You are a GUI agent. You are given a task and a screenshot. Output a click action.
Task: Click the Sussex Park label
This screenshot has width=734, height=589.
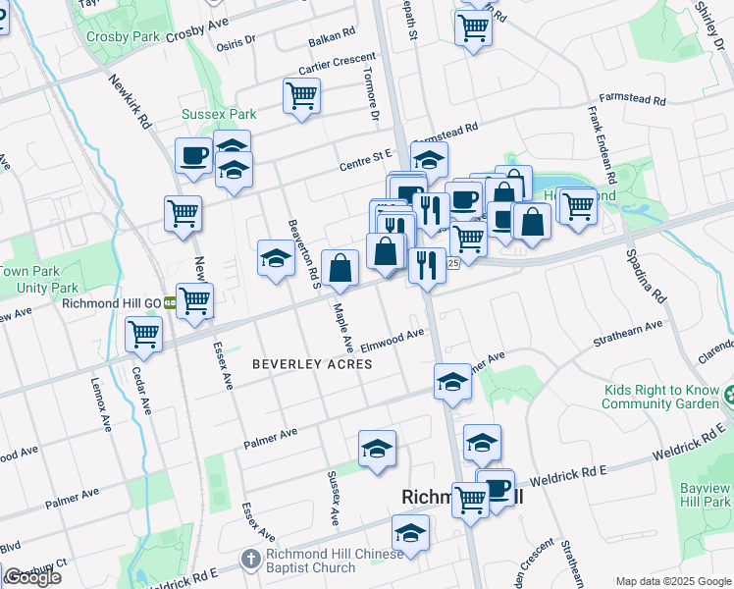(x=218, y=114)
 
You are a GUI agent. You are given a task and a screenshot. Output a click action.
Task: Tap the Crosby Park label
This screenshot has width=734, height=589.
(x=123, y=36)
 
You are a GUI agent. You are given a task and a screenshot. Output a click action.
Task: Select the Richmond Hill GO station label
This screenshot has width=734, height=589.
(x=111, y=303)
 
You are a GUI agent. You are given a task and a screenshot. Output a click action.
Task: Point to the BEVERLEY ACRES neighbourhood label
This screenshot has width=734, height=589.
(x=312, y=364)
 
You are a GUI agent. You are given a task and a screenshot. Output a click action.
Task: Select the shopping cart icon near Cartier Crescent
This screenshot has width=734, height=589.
(x=301, y=97)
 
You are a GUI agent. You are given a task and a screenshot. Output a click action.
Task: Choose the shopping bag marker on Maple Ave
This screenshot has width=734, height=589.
(x=340, y=268)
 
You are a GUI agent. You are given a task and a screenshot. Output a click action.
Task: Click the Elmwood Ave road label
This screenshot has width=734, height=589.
(x=392, y=341)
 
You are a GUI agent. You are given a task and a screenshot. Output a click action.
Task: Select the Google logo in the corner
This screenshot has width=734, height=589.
(x=31, y=577)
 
